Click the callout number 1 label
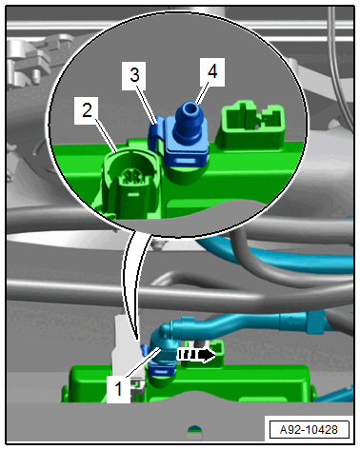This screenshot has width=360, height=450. coord(118,389)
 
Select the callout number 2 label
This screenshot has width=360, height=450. coord(87,110)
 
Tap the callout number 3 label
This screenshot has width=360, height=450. coord(134,75)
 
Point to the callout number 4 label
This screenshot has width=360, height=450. coord(212,72)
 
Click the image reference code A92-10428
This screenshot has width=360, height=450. coord(309,430)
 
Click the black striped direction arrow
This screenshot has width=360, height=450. coord(196,355)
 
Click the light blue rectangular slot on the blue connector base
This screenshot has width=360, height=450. coord(185,162)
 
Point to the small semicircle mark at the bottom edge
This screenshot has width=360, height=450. coord(194,431)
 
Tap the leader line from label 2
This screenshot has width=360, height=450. coord(107,135)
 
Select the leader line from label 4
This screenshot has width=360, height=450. coord(201,94)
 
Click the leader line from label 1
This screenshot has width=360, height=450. coord(143,362)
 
